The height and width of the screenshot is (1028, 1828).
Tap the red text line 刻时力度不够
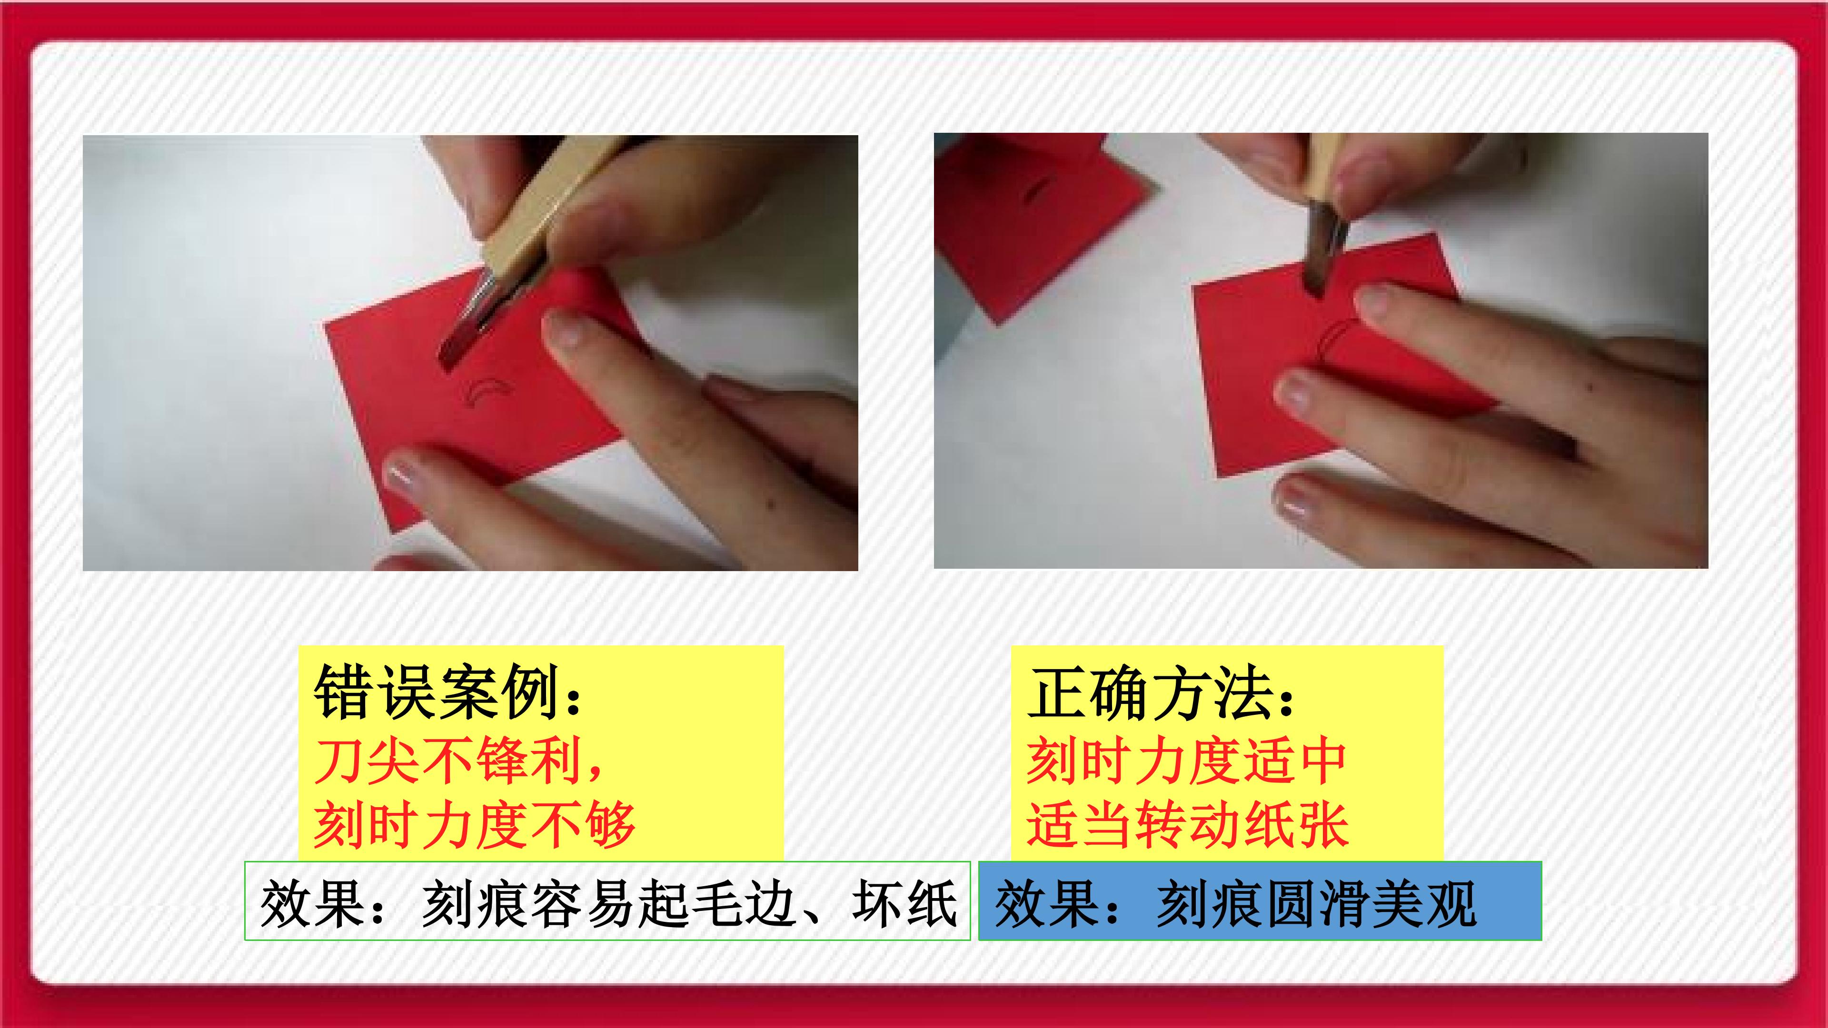point(474,824)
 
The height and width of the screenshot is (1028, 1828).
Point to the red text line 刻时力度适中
point(1186,761)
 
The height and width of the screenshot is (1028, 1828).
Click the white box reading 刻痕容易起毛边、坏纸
point(607,901)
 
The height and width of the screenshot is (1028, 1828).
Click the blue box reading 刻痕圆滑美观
point(1260,901)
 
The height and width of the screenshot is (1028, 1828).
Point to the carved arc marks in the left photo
point(487,395)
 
